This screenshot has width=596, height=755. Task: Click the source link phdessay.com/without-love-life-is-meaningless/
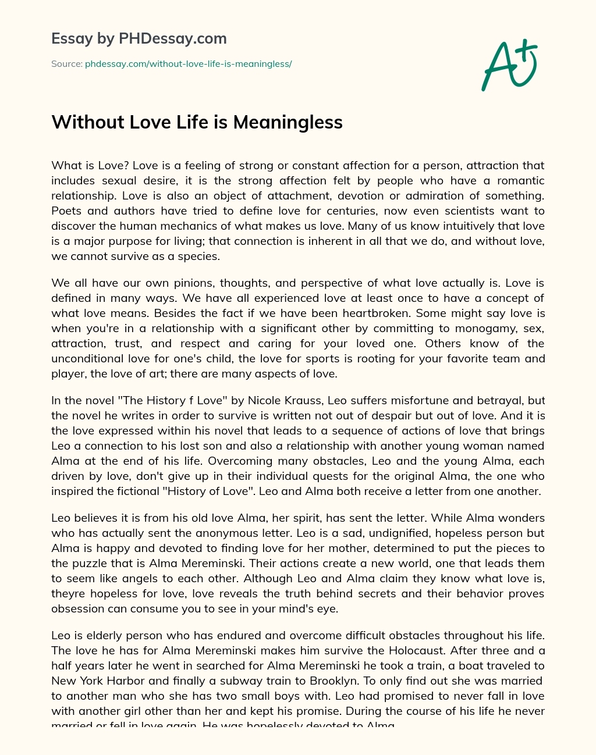[x=188, y=64]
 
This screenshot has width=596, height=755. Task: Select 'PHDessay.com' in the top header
[x=173, y=39]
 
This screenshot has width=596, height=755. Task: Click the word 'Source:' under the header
[x=66, y=64]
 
